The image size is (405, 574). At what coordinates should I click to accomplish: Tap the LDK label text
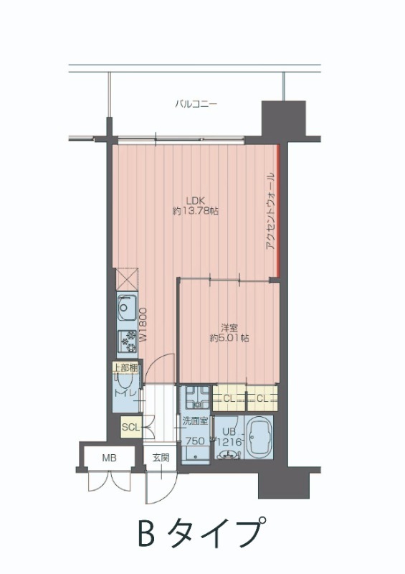point(195,200)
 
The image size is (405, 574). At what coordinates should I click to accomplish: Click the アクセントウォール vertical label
point(270,212)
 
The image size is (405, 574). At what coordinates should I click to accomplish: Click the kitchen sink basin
point(125,310)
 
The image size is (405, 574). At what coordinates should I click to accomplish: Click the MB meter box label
point(108,458)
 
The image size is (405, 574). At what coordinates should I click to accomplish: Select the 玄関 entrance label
point(160,458)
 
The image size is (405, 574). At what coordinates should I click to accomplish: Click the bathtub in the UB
point(259,438)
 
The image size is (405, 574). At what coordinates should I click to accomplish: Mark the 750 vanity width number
point(195,441)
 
